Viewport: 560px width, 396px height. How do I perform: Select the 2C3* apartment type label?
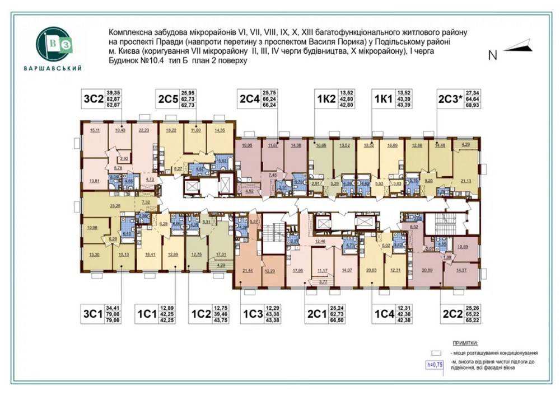[450, 100]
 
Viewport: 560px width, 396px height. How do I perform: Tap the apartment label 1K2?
[326, 100]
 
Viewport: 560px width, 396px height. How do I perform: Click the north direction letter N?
[493, 55]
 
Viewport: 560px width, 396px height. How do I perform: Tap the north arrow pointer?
[516, 46]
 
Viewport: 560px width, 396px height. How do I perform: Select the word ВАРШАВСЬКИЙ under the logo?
[53, 69]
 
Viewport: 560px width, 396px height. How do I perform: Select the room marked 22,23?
[143, 130]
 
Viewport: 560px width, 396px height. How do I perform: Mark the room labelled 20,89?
[428, 271]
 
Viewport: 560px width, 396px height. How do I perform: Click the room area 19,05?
[247, 145]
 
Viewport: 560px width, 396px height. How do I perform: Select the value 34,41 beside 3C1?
[114, 308]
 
